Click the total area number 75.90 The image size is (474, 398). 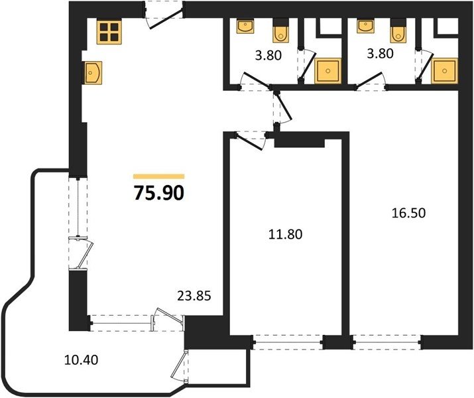[x=159, y=193]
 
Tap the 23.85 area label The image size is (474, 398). [x=194, y=296]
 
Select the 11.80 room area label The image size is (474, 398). [x=285, y=234]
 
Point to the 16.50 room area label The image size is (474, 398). [x=408, y=213]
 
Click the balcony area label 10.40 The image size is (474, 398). [x=82, y=360]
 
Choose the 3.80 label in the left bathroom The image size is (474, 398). [x=268, y=55]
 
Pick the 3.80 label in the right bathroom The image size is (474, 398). [x=380, y=54]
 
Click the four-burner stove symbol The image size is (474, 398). [x=109, y=32]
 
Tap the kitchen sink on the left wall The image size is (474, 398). [x=93, y=72]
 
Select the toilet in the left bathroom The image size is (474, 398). [x=281, y=31]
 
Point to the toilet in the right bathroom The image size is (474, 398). [x=398, y=31]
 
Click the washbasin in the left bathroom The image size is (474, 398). [x=245, y=27]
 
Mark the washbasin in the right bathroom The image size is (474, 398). [x=366, y=27]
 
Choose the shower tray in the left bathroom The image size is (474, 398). [x=327, y=71]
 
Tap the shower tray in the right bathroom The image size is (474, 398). [x=444, y=71]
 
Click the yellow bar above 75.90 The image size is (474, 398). [x=159, y=176]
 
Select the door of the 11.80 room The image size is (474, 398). [x=250, y=140]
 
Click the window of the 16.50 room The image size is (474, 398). [x=386, y=342]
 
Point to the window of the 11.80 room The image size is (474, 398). [x=288, y=342]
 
